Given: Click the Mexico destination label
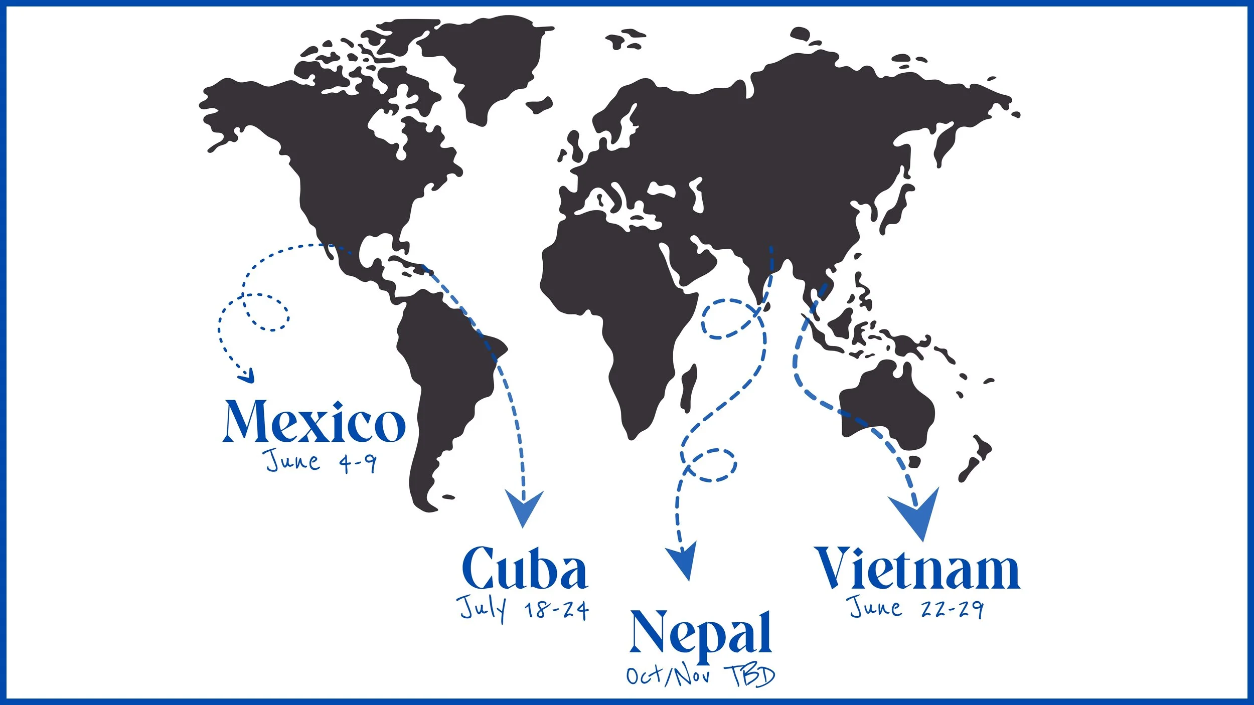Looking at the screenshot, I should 314,422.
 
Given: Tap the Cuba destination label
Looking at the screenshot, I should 524,569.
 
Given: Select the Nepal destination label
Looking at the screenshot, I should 701,633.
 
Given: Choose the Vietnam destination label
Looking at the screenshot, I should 918,569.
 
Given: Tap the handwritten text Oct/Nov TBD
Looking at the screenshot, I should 700,676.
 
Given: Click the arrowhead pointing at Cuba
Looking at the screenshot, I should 524,507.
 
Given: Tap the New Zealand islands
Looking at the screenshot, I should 976,459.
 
